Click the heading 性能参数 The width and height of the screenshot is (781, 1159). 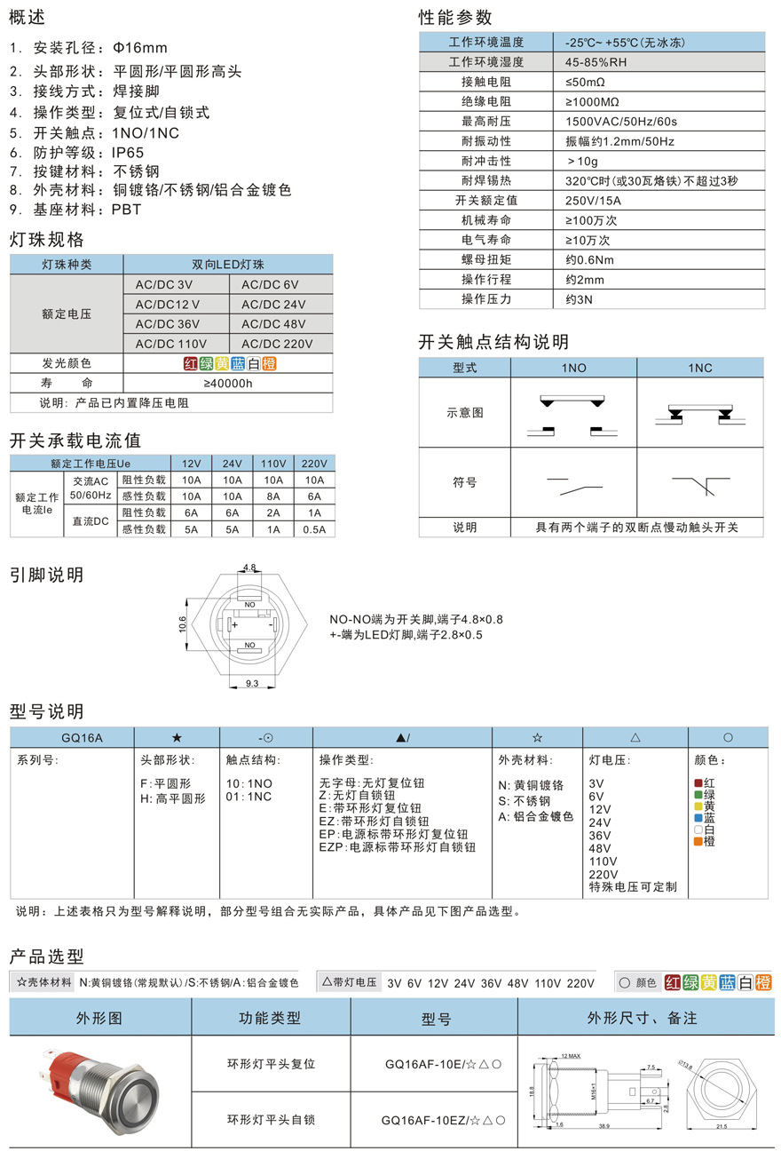[x=455, y=18]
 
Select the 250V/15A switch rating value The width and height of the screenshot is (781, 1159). [x=593, y=201]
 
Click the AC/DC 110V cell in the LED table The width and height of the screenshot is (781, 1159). [x=170, y=344]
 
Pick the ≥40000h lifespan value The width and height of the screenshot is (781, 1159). [x=228, y=384]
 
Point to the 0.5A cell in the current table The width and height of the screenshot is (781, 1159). [x=314, y=529]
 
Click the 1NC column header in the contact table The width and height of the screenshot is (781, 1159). [x=700, y=367]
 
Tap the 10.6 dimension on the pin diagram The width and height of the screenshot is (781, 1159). [x=183, y=626]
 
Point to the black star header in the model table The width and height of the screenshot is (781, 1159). [x=177, y=737]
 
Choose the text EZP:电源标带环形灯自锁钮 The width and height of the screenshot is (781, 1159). [x=397, y=848]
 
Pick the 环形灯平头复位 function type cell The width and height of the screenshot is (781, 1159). [x=271, y=1064]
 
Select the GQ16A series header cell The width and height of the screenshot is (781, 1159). [x=71, y=737]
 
